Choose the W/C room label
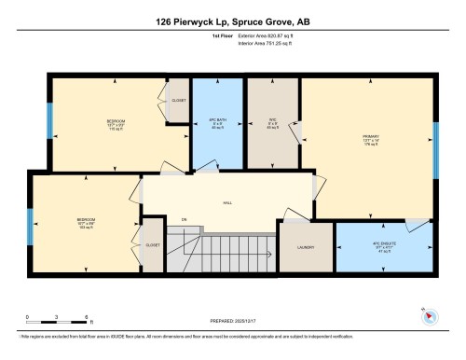pos(273,121)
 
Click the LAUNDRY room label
pos(306,247)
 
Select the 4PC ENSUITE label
pos(379,246)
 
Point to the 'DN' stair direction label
pos(184,220)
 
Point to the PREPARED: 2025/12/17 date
pos(232,323)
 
